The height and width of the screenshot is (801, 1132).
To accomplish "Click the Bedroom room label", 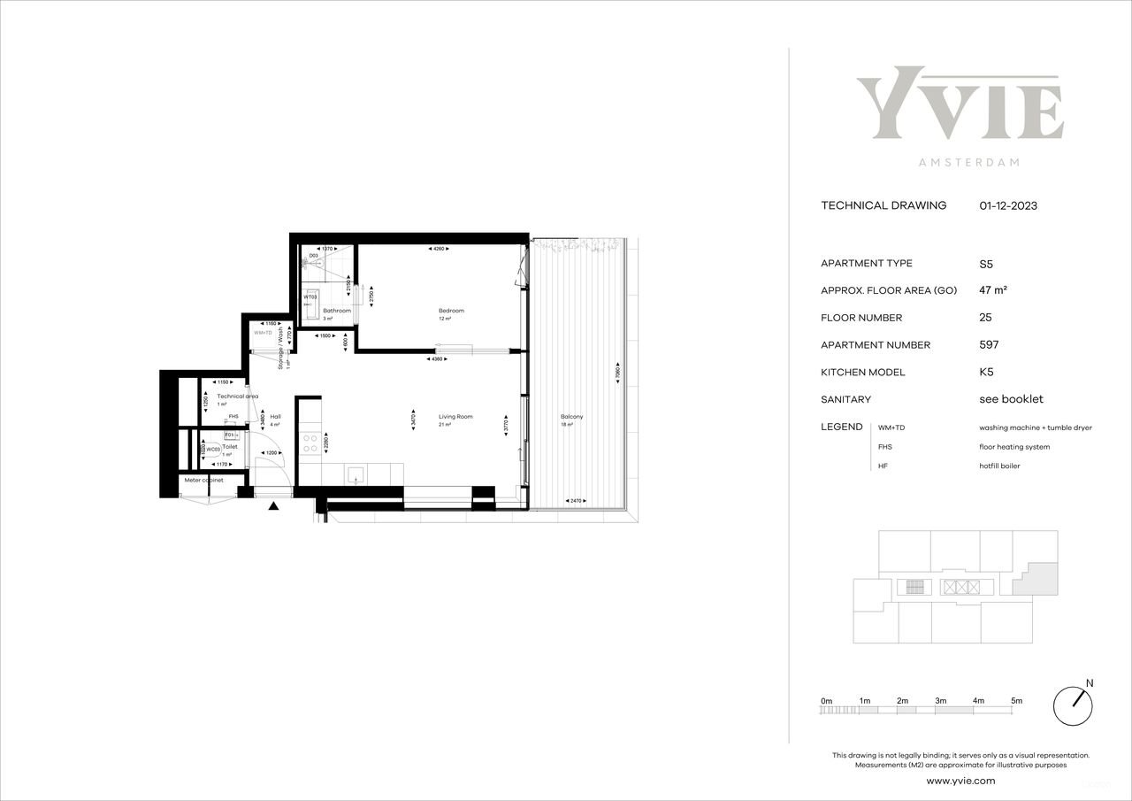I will [451, 311].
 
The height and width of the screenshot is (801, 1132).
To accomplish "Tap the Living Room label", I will [455, 417].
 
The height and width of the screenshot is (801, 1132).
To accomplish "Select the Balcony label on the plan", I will [571, 417].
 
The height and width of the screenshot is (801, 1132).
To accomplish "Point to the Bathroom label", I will [337, 311].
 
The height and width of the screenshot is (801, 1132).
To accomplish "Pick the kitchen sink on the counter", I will [356, 475].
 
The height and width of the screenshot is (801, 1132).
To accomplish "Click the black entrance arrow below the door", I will [273, 506].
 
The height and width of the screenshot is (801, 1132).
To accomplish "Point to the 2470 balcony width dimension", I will [576, 502].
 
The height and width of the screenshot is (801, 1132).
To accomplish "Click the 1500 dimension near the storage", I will [325, 336].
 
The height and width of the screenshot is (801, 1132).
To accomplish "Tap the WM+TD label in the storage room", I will [264, 333].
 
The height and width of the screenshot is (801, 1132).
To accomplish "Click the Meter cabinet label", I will [203, 481].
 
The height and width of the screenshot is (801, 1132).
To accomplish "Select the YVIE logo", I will [960, 104].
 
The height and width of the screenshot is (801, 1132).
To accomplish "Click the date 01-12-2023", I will [1008, 205].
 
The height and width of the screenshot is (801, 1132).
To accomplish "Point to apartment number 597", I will [990, 345].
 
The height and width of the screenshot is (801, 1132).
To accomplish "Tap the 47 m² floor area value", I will [994, 290].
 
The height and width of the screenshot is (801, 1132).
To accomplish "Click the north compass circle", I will [1074, 705].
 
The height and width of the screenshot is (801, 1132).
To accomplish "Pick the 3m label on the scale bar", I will [940, 701].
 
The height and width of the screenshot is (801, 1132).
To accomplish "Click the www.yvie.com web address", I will [960, 781].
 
